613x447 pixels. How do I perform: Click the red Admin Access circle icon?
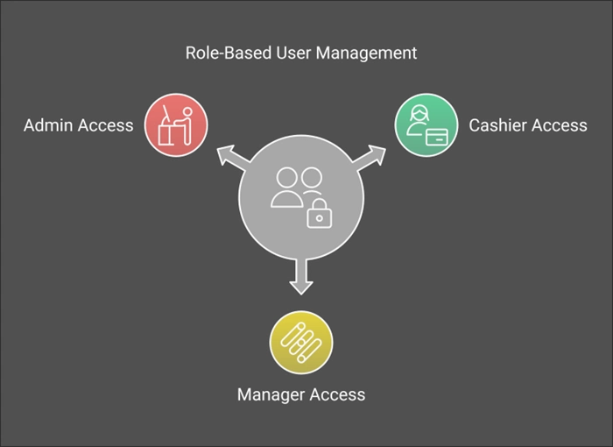[176, 124]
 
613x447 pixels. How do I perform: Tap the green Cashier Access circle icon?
[426, 124]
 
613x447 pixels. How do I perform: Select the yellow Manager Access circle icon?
[301, 343]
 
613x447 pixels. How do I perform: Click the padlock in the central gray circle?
[320, 214]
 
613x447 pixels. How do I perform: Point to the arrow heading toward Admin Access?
[234, 158]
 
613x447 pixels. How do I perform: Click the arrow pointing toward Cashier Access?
[369, 158]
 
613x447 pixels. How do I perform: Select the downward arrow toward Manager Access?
[301, 277]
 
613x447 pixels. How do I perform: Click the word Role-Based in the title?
[229, 53]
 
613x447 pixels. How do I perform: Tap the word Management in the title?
[366, 53]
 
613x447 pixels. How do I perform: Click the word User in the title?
[293, 53]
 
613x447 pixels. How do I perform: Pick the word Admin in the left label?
[48, 125]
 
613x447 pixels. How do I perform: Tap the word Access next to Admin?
[106, 125]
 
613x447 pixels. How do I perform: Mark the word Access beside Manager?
[337, 394]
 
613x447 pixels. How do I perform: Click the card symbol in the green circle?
[437, 137]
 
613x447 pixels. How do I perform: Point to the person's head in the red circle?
[187, 112]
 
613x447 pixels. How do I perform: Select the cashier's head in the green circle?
[419, 113]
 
